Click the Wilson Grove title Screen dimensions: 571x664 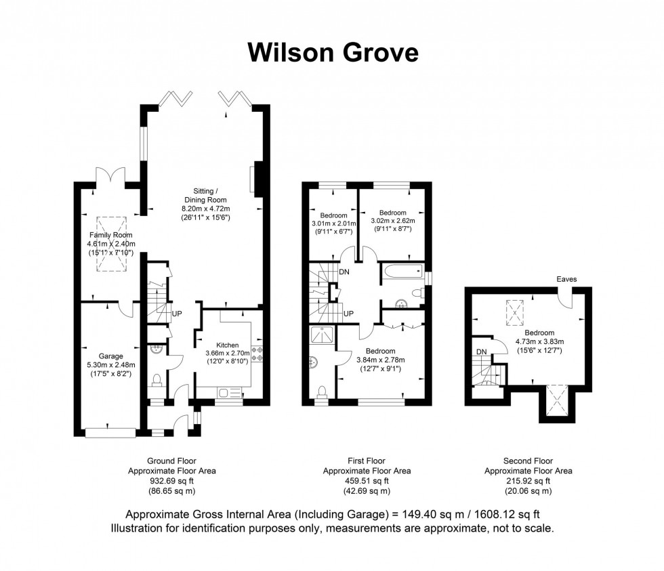[333, 52]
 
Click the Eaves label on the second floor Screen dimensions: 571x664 [566, 278]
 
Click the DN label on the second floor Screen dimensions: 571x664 [482, 352]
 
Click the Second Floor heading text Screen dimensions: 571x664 [528, 461]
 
